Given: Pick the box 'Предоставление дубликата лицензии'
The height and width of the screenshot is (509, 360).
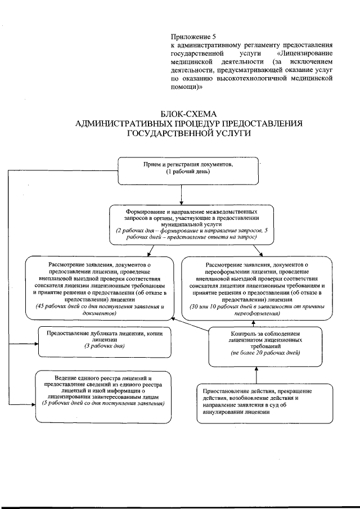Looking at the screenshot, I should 105,341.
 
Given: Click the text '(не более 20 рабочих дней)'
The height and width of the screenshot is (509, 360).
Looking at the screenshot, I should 256,352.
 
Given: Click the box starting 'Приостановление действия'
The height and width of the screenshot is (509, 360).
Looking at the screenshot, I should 255,401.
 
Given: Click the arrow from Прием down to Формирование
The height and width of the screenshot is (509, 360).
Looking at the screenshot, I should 181,194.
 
